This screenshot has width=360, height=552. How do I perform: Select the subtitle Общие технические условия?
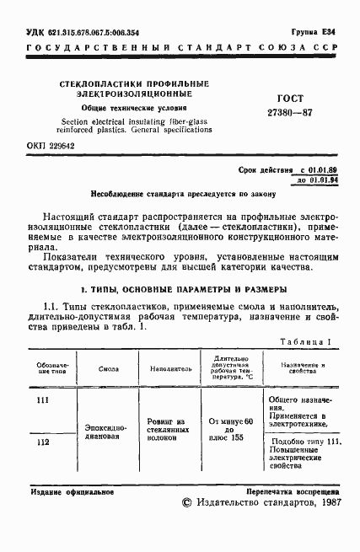pyautogui.click(x=135, y=109)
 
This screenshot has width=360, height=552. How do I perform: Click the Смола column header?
pyautogui.click(x=108, y=368)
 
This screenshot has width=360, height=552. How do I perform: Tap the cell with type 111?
pyautogui.click(x=44, y=399)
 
